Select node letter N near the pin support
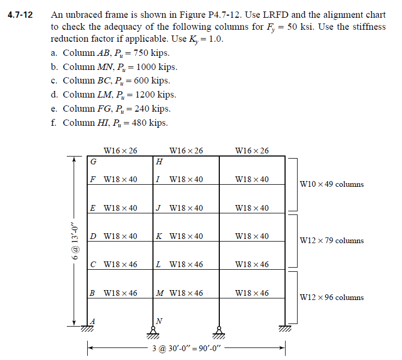coord(159,320)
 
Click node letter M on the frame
coord(160,293)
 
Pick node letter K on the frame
coord(159,236)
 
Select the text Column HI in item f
coord(83,123)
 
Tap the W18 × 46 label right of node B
coord(121,293)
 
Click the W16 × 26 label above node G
coord(121,151)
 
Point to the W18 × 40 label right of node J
coord(186,208)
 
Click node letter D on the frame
coord(93,236)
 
